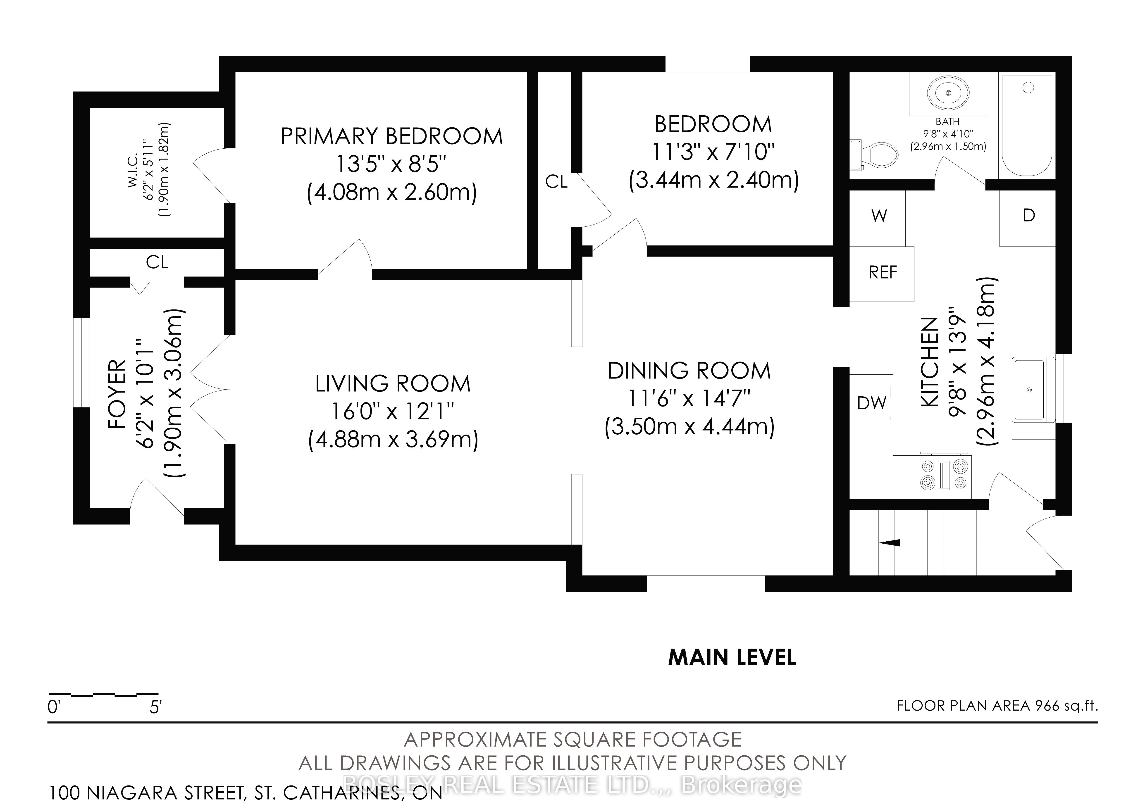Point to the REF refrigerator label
pyautogui.click(x=883, y=272)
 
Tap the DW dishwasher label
pyautogui.click(x=872, y=403)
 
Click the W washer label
pyautogui.click(x=879, y=216)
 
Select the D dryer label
pyautogui.click(x=1029, y=215)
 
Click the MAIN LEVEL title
pyautogui.click(x=732, y=657)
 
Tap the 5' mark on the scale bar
pyautogui.click(x=156, y=707)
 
